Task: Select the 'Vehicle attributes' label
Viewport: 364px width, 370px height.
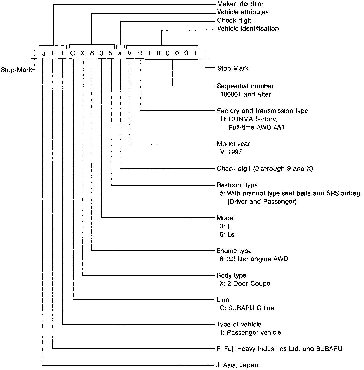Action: [243, 12]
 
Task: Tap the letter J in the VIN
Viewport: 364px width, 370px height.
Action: [43, 53]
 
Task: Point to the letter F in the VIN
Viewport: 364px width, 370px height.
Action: [53, 53]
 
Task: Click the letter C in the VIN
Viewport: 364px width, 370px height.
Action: [73, 53]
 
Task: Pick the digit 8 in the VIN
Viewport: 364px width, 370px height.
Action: [92, 53]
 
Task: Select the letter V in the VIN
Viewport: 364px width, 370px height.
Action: [130, 53]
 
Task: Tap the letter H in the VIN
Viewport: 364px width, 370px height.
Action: [140, 53]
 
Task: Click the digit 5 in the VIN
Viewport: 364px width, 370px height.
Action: [111, 53]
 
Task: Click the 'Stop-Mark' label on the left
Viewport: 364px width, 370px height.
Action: [16, 70]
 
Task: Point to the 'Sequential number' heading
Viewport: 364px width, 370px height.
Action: [245, 86]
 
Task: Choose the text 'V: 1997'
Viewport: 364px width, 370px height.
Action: [231, 152]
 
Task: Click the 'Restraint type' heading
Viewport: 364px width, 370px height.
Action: [237, 185]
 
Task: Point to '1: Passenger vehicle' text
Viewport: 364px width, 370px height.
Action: [250, 333]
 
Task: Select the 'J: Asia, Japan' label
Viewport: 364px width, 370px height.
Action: [237, 365]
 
